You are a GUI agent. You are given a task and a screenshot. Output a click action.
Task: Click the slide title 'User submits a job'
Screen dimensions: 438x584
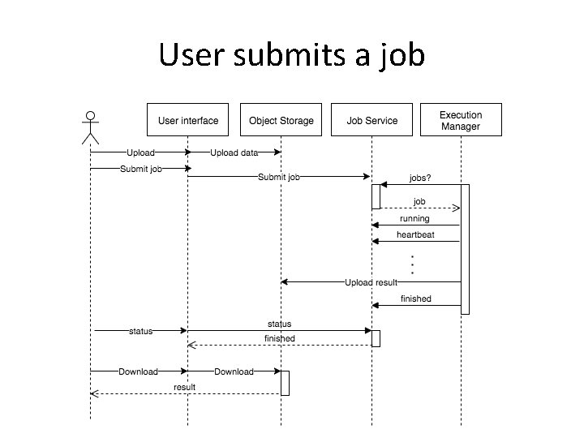coord(291,55)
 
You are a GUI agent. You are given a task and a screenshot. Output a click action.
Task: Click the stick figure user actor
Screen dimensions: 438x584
coord(91,127)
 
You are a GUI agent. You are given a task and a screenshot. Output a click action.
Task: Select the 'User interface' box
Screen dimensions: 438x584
coord(187,120)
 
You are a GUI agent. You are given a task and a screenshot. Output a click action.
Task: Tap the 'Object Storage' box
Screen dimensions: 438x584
coord(281,120)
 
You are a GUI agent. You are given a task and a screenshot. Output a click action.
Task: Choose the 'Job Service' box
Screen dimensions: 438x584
coord(372,120)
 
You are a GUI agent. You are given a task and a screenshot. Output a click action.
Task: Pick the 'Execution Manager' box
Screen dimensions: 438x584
coord(461,120)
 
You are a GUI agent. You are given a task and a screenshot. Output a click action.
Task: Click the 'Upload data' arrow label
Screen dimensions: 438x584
coord(234,152)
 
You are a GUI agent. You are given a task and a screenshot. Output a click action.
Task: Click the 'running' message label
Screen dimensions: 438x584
coord(414,218)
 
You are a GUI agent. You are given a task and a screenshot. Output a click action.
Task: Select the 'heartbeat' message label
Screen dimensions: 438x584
coord(415,234)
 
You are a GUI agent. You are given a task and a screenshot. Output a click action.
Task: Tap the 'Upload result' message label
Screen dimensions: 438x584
coord(371,282)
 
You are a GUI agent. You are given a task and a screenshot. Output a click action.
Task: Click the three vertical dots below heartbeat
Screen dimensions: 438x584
coord(413,264)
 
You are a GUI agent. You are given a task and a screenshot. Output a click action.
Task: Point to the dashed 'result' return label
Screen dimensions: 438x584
coord(185,387)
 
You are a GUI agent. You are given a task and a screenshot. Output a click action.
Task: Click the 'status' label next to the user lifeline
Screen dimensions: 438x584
coord(141,330)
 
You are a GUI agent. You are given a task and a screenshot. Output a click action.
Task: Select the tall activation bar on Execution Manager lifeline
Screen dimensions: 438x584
coord(465,248)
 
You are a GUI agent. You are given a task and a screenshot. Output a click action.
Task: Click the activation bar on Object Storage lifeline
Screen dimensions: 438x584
coord(285,382)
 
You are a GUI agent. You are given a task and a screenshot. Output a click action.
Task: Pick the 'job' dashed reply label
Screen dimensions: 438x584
coord(419,201)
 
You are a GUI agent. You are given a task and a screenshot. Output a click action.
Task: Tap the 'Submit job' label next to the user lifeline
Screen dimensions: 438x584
coord(140,169)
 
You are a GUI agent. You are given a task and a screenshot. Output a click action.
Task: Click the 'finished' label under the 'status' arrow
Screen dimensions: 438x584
coord(280,338)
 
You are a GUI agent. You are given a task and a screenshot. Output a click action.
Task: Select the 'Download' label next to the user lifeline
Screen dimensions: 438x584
coord(138,371)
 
